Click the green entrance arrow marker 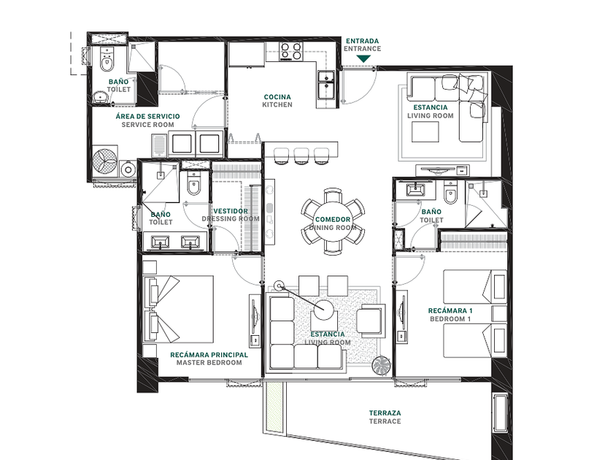pyautogui.click(x=363, y=58)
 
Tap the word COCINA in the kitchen pyautogui.click(x=277, y=96)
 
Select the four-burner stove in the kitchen pyautogui.click(x=291, y=51)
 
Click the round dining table pyautogui.click(x=333, y=222)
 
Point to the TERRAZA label pyautogui.click(x=385, y=413)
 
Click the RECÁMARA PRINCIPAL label pyautogui.click(x=209, y=355)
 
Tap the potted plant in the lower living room pyautogui.click(x=381, y=367)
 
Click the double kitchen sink pyautogui.click(x=326, y=84)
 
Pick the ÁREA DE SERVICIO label pyautogui.click(x=147, y=116)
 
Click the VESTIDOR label pyautogui.click(x=231, y=211)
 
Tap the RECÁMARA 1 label pyautogui.click(x=450, y=310)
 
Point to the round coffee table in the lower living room pyautogui.click(x=324, y=310)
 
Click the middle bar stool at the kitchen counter pyautogui.click(x=301, y=156)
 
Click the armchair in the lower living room pyautogui.click(x=369, y=321)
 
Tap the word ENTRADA pyautogui.click(x=363, y=41)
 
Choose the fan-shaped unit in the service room pyautogui.click(x=105, y=161)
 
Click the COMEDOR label pyautogui.click(x=333, y=220)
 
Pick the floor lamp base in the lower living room pyautogui.click(x=278, y=286)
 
